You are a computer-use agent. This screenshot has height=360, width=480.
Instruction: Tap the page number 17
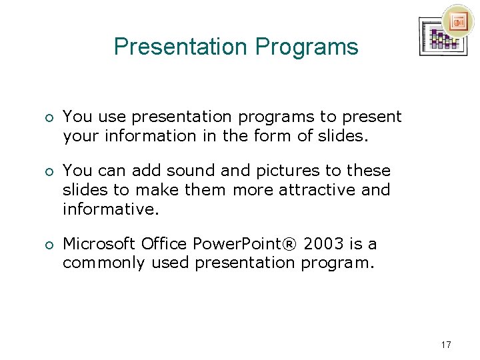[446, 345]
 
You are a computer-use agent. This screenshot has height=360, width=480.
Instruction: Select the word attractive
[317, 190]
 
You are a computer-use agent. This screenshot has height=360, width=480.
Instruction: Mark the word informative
[111, 209]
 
